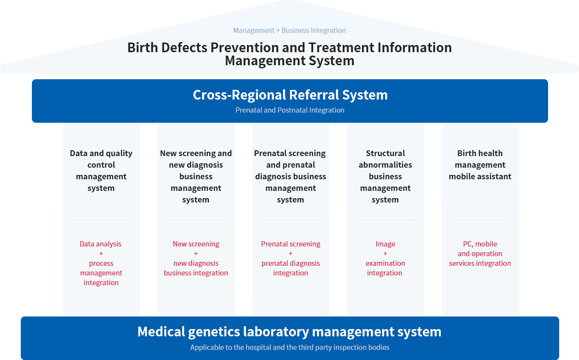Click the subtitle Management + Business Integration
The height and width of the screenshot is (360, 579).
pos(289,30)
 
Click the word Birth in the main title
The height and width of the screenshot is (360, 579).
pos(143,47)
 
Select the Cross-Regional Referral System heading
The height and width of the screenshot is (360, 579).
pos(290,95)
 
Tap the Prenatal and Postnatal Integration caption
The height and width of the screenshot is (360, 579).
pos(290,110)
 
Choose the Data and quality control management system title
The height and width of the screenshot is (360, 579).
pos(101,171)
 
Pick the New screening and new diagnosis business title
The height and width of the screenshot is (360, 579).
pos(196,176)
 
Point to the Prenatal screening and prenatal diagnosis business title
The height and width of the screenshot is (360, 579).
pos(290,176)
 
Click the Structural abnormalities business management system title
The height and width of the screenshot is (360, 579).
pos(385,176)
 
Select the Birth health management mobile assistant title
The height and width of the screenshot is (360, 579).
pos(480,165)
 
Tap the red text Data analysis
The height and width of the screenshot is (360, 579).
pos(101,244)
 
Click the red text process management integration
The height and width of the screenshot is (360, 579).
pos(101,273)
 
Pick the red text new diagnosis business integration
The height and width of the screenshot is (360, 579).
pos(196,268)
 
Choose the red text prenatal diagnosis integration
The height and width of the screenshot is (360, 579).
pos(290,268)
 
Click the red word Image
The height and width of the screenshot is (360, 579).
pos(385,244)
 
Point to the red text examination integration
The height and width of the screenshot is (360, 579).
pos(385,268)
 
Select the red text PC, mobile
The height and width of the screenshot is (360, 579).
pos(480,244)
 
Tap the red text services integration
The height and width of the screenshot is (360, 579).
pos(480,263)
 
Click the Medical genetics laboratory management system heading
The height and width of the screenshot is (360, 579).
pos(289,332)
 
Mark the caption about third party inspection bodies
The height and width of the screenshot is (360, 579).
pos(289,347)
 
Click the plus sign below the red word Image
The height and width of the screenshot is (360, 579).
pos(385,254)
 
